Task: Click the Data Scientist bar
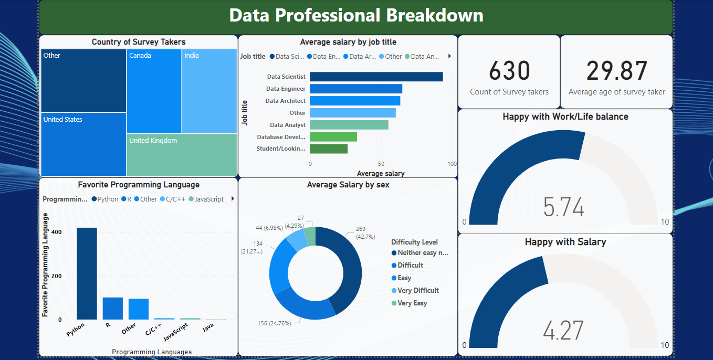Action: (376, 77)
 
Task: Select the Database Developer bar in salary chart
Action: (333, 137)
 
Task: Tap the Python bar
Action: (87, 273)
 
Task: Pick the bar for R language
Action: (112, 309)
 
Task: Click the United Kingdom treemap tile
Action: (181, 155)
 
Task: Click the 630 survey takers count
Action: (509, 71)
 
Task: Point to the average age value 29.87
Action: (616, 71)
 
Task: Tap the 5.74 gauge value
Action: (563, 207)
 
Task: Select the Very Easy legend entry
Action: (412, 303)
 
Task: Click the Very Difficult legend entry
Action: (418, 290)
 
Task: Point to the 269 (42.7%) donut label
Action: (361, 232)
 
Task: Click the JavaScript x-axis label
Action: (176, 332)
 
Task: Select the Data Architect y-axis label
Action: (285, 101)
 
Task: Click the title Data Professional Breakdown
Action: (356, 15)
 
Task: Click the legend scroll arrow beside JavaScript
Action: (232, 199)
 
